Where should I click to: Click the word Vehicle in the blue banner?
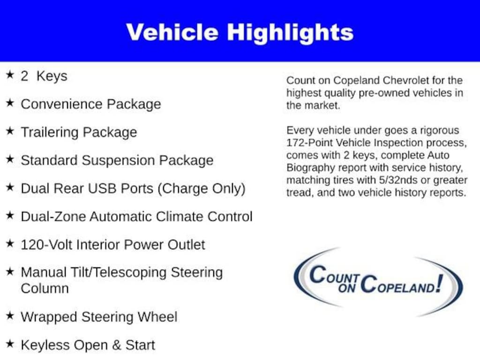click(172, 32)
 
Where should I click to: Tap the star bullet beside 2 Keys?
click(10, 75)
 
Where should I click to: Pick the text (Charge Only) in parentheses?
click(202, 189)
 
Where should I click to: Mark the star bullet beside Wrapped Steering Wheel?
click(10, 315)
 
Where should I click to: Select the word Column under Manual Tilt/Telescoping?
click(45, 288)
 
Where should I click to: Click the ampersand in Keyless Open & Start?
click(116, 345)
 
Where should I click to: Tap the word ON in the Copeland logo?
click(346, 288)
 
